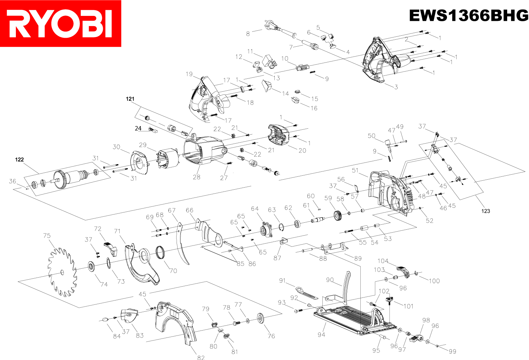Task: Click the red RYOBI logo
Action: pyautogui.click(x=61, y=23)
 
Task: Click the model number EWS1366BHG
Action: pyautogui.click(x=468, y=16)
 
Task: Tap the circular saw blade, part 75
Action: pyautogui.click(x=62, y=272)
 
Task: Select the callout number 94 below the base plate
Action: pyautogui.click(x=321, y=335)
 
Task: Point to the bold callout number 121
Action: pyautogui.click(x=130, y=99)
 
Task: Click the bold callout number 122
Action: pyautogui.click(x=20, y=159)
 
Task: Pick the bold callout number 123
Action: pyautogui.click(x=485, y=211)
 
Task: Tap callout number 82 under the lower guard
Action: pyautogui.click(x=201, y=357)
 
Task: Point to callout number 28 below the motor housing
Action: pyautogui.click(x=197, y=177)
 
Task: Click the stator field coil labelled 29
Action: pyautogui.click(x=168, y=159)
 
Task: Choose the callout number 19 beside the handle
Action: pyautogui.click(x=189, y=74)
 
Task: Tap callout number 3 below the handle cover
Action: pyautogui.click(x=396, y=87)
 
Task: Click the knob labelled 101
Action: pyautogui.click(x=389, y=300)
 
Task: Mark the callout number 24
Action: pyautogui.click(x=138, y=128)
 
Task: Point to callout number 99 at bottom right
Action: pyautogui.click(x=452, y=351)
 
